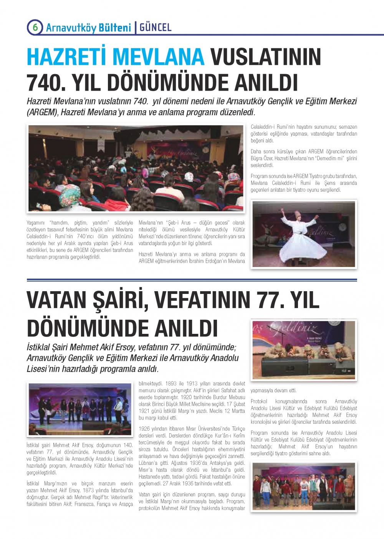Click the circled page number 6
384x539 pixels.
coord(35,27)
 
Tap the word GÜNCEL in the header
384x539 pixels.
coord(156,27)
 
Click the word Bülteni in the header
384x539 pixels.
coord(115,28)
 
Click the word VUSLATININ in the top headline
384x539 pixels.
coord(266,57)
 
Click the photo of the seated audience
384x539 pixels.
coord(136,168)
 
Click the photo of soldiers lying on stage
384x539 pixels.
coord(304,350)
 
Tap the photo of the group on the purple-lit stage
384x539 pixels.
coord(80,409)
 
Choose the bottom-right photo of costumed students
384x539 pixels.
coord(304,486)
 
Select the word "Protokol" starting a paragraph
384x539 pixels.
coord(259,401)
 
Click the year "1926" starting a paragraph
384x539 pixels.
coord(144,429)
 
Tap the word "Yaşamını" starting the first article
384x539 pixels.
coord(36,223)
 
